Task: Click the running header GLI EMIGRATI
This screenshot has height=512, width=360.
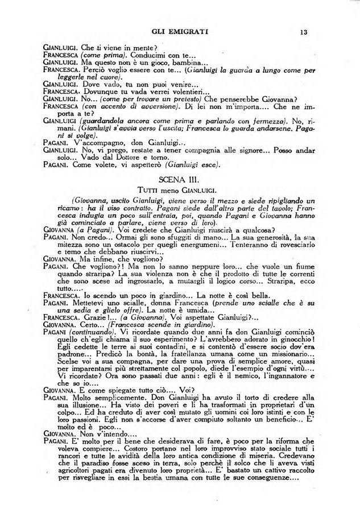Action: click(x=180, y=32)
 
